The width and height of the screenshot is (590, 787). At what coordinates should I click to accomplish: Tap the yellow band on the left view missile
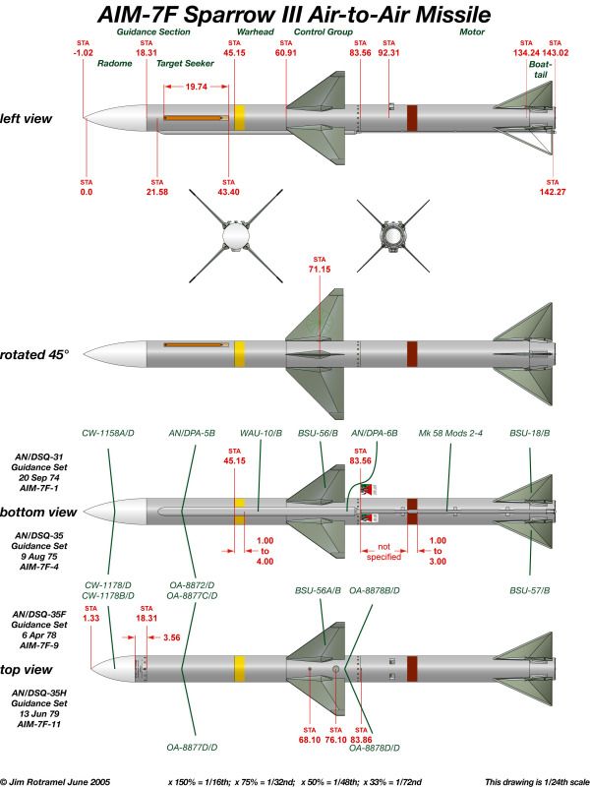(x=239, y=119)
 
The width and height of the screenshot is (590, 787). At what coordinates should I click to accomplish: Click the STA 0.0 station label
(x=86, y=188)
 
